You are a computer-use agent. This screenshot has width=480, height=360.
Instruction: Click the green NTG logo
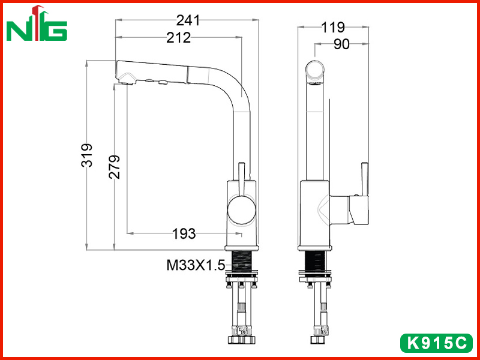[37, 23]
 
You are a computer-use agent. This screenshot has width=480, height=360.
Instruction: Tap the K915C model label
[436, 343]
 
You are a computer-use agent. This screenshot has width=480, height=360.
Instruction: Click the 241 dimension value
[188, 20]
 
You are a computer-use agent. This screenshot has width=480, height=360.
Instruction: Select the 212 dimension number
[178, 38]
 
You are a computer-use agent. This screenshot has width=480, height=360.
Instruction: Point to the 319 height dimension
[87, 155]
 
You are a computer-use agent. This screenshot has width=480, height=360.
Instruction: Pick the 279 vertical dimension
[114, 167]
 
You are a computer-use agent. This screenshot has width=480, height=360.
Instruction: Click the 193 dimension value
[184, 234]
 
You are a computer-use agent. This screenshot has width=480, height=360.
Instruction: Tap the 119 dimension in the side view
[333, 28]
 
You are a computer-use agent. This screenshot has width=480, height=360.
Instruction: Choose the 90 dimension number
[341, 44]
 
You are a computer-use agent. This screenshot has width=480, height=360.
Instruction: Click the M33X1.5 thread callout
[196, 265]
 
